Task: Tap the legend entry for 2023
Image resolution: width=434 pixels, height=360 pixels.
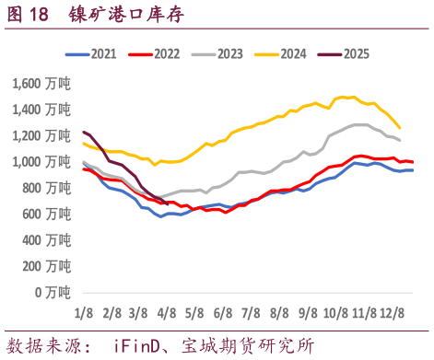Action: pos(228,54)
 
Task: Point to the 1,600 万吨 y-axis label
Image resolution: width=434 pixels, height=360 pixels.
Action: pos(40,84)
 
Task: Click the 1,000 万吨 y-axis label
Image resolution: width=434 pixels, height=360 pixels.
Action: pos(40,162)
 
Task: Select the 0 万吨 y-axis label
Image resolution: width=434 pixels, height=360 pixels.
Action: pos(52,292)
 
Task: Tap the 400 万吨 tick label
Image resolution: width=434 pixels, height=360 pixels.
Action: pos(46,240)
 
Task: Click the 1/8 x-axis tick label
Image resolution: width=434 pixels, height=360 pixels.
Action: pos(84,313)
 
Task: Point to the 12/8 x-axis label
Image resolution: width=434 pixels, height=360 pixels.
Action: pos(393,313)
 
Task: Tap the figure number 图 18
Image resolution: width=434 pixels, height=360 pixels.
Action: pos(28,14)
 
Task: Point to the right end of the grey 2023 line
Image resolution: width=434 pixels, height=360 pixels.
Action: pos(400,141)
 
